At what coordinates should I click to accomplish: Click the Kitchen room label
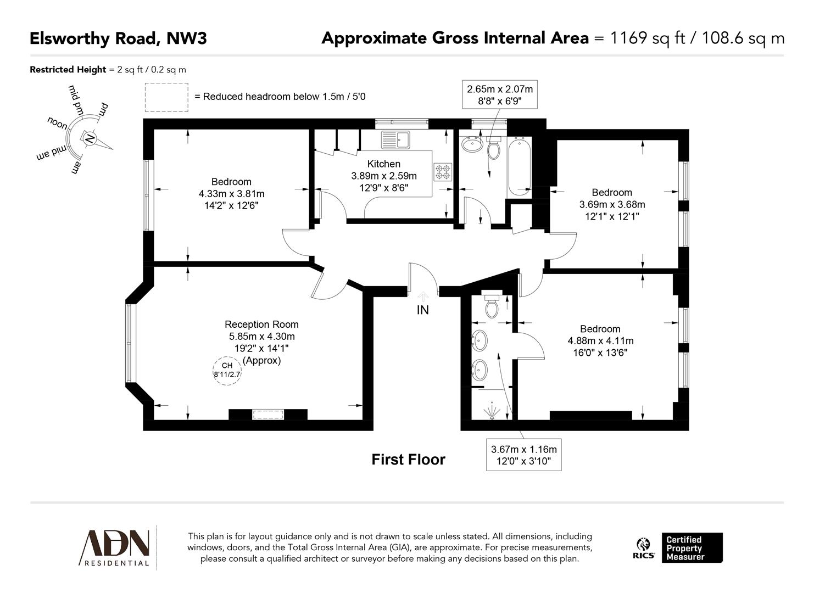pos(383,164)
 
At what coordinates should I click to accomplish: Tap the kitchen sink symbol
pos(397,139)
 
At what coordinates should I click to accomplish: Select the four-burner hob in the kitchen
pos(443,172)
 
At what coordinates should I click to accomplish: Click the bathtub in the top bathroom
pos(519,166)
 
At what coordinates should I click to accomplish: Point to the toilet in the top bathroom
pos(494,147)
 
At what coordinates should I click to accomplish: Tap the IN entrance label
pos(422,310)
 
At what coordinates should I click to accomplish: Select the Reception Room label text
pos(261,325)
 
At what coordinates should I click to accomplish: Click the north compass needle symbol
pos(90,138)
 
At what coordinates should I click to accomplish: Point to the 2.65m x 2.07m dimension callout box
pos(499,94)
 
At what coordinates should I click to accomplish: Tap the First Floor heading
pos(408,460)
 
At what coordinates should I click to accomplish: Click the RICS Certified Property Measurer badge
pos(679,547)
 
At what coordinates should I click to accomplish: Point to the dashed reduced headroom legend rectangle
pos(166,97)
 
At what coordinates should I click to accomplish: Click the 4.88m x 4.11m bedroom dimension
pos(600,340)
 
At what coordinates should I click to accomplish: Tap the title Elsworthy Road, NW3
pos(118,38)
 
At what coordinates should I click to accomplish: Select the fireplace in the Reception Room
pos(267,415)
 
